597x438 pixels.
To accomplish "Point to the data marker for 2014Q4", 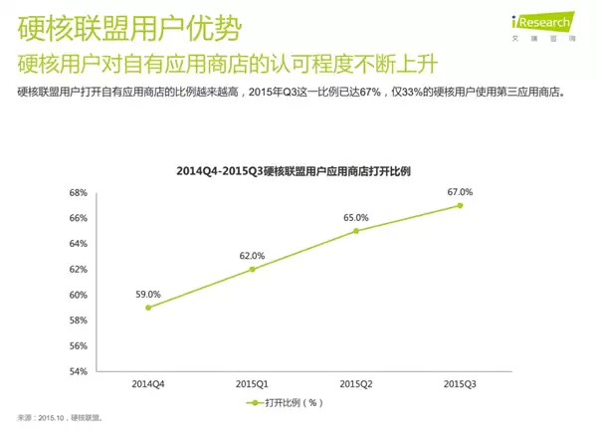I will coord(147,308).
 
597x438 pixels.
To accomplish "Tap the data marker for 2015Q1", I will coord(252,269).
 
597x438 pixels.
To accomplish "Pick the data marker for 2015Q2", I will coord(355,231).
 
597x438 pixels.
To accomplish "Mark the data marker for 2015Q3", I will coord(460,205).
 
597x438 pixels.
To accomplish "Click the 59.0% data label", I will coord(147,294).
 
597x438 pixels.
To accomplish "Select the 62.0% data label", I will coord(252,255).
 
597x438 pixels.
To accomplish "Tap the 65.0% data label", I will coord(355,217).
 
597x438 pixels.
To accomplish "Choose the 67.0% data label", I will coord(460,191).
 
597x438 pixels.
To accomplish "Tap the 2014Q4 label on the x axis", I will coord(147,384).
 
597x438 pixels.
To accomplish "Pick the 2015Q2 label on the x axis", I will coord(355,384).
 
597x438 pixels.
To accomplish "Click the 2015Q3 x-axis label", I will coord(460,384).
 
